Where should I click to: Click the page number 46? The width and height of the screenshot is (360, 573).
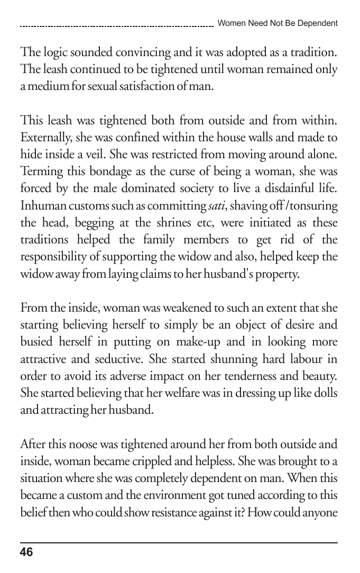26,552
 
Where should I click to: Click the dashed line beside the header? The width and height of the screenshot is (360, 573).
116,25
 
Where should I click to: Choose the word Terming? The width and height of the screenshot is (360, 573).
39,172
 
